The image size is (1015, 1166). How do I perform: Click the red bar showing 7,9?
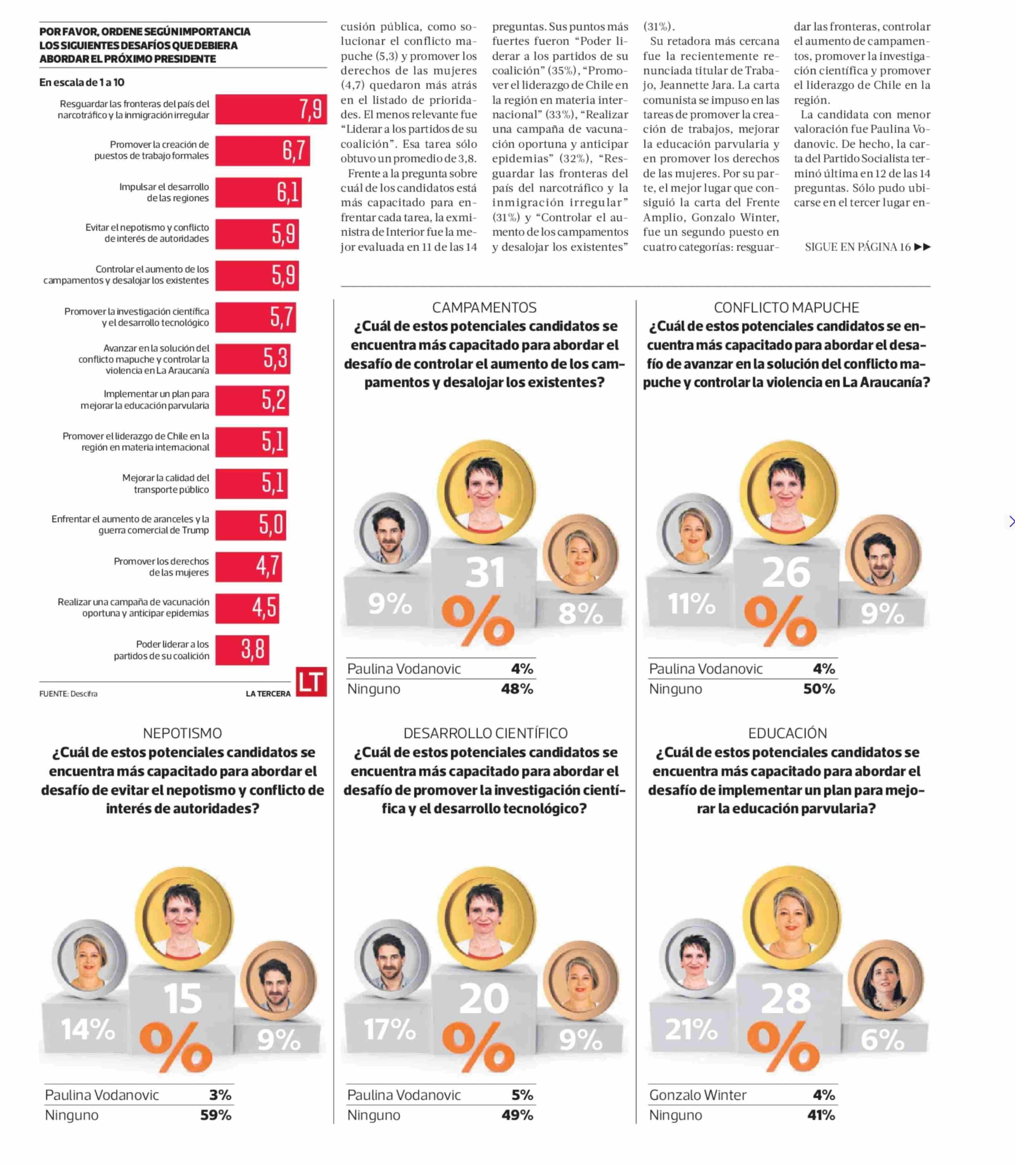pos(271,109)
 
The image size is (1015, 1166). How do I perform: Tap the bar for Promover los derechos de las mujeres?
pos(248,566)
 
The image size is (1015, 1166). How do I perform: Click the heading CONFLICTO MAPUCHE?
pos(786,307)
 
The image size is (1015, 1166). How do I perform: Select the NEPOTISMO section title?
pos(183,733)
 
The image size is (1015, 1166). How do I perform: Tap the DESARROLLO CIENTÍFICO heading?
pos(485,733)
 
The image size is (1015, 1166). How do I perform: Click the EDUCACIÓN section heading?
pos(787,733)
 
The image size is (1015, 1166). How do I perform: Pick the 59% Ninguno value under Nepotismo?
pos(216,1115)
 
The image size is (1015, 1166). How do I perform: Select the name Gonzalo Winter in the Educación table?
pos(697,1095)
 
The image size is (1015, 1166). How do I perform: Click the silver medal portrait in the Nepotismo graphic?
pos(90,959)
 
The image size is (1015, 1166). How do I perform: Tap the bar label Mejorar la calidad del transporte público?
pos(165,483)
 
